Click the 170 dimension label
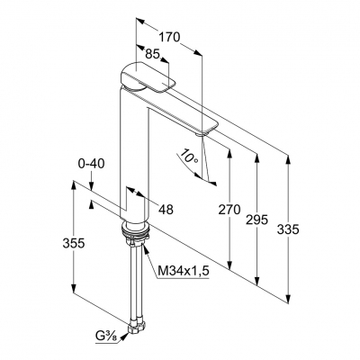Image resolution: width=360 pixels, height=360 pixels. click(168, 38)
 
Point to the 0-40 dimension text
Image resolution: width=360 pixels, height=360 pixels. click(93, 164)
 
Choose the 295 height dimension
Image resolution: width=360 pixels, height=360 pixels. click(258, 222)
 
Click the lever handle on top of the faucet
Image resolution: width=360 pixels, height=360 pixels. click(144, 76)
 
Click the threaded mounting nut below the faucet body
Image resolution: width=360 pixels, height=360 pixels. click(134, 237)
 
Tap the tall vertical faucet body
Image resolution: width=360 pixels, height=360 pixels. click(133, 153)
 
